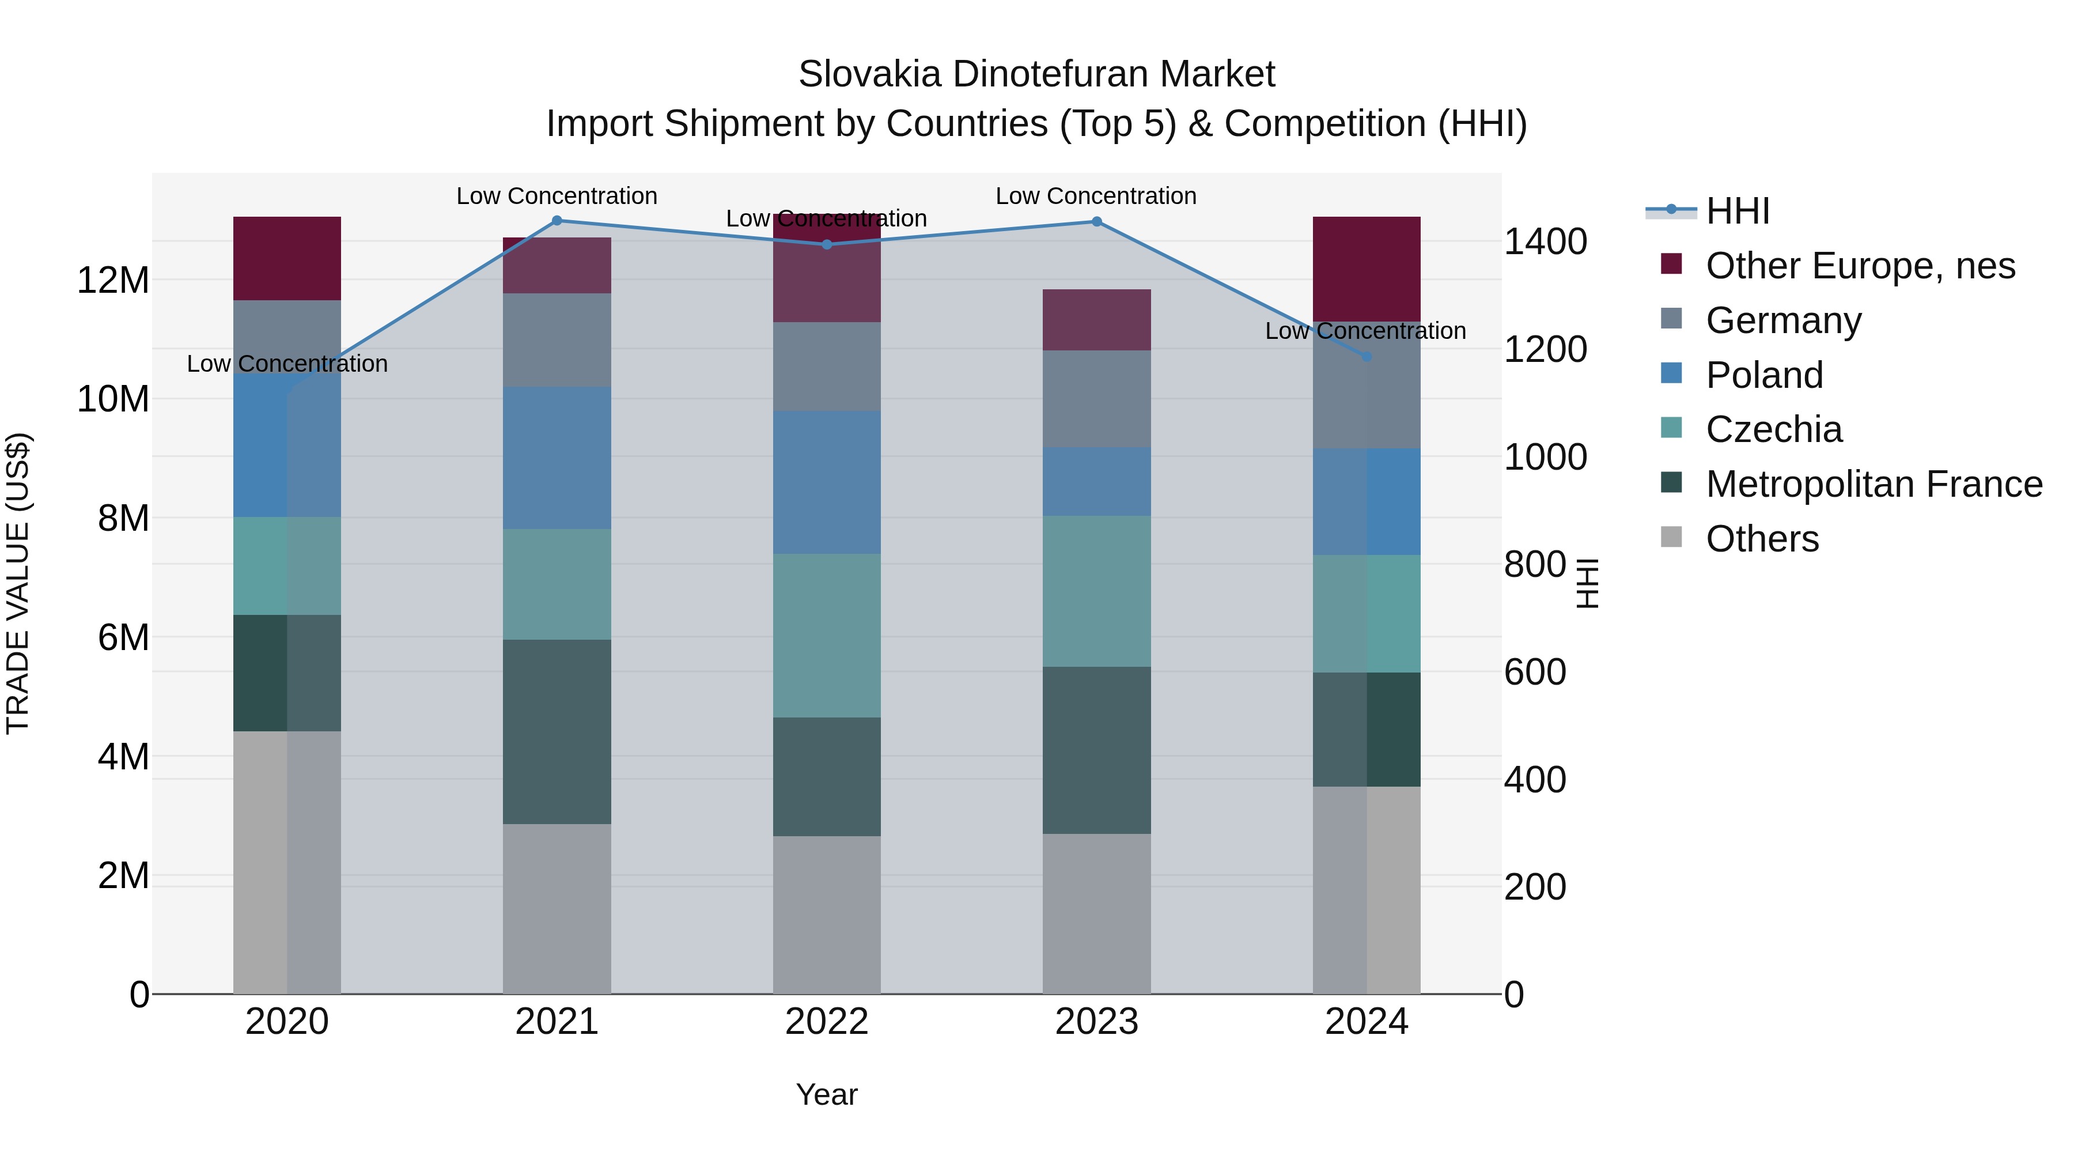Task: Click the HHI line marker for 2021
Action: coord(557,221)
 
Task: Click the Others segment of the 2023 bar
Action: coord(1096,913)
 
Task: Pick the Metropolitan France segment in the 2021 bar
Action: coord(557,731)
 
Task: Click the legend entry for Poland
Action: coord(1763,375)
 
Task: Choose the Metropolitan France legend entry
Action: coord(1873,484)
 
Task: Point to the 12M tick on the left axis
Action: coord(113,280)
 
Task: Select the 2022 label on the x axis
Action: coord(826,1022)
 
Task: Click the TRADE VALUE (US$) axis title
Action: coord(18,583)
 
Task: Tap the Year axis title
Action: coord(826,1094)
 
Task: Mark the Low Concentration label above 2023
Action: coord(1096,196)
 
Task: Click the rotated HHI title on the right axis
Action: coord(1586,583)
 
